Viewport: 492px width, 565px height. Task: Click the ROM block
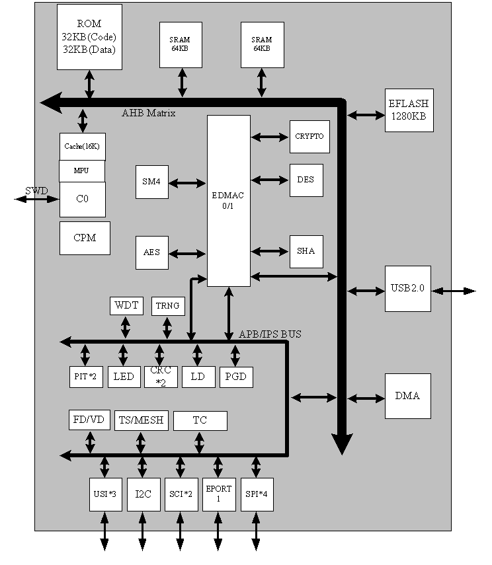(89, 36)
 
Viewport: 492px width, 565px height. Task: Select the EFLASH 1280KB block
(408, 110)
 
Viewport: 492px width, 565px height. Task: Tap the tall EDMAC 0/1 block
(229, 200)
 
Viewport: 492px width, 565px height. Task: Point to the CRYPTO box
(309, 137)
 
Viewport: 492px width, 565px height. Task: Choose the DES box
(306, 180)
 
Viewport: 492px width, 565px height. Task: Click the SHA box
(306, 251)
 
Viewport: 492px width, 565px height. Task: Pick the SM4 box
(151, 182)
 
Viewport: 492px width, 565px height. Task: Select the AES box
(151, 252)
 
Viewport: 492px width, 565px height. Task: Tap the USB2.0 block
(408, 289)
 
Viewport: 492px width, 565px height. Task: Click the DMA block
(407, 396)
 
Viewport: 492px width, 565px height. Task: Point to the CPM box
(85, 238)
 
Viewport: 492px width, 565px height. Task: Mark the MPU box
(81, 170)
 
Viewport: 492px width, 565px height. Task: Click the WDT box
(126, 306)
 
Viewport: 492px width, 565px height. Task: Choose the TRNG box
(168, 306)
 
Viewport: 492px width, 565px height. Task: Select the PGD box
(236, 377)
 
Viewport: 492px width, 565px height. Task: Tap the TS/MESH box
(142, 420)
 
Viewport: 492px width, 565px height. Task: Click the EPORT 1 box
(218, 494)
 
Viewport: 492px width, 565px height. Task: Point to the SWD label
(36, 191)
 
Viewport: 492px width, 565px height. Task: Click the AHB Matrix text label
(149, 113)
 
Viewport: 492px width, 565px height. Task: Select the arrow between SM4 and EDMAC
(188, 183)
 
